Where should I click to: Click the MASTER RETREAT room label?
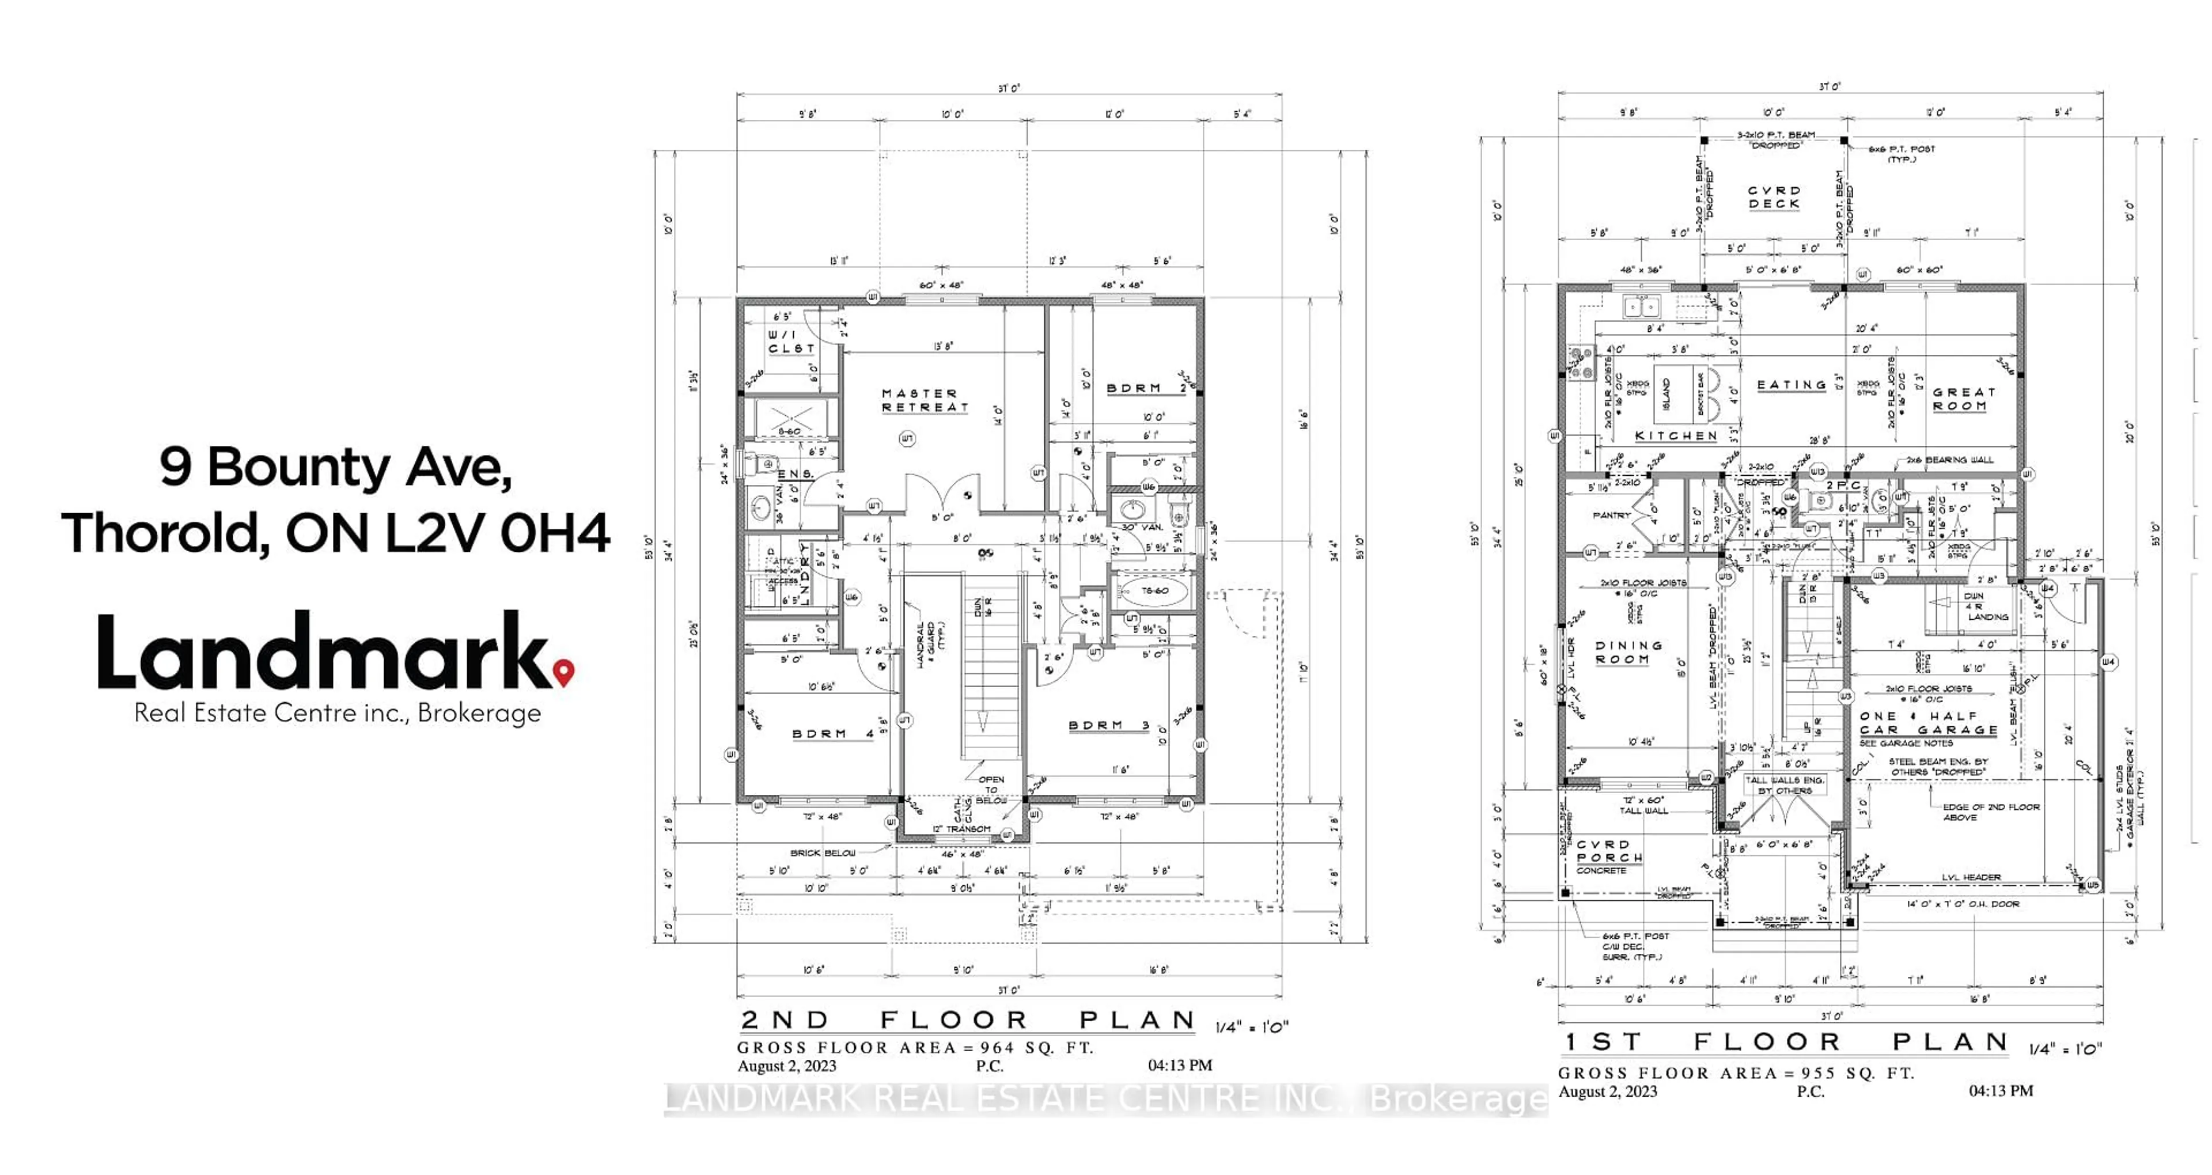pyautogui.click(x=925, y=400)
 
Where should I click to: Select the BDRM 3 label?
pyautogui.click(x=1108, y=726)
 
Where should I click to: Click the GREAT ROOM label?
pyautogui.click(x=1964, y=399)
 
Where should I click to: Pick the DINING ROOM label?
pyautogui.click(x=1628, y=652)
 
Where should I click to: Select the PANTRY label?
pyautogui.click(x=1611, y=516)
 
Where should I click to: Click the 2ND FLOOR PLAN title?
pyautogui.click(x=968, y=1021)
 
